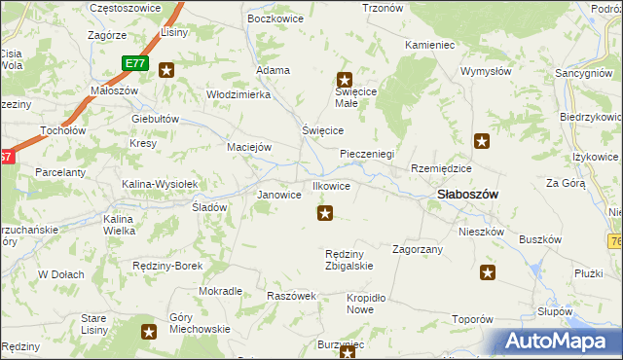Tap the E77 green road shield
[135, 63]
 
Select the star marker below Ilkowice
[325, 213]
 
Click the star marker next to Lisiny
[166, 69]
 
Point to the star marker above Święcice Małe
[344, 81]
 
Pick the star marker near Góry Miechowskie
[149, 332]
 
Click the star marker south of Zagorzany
[488, 273]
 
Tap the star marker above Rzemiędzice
[482, 142]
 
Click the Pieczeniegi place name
[367, 154]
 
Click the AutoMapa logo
[561, 342]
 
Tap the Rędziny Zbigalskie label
[348, 260]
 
